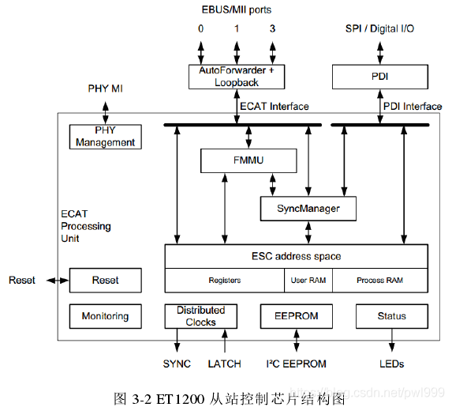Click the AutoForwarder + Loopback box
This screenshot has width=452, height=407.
236,77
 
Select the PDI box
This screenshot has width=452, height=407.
379,77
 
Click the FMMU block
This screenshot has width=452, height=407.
248,160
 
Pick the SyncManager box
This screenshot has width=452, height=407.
308,208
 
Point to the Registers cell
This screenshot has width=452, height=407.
224,281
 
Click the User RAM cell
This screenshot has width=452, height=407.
308,281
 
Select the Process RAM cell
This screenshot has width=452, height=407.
379,281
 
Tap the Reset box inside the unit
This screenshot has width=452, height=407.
105,281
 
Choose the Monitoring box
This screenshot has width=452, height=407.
105,316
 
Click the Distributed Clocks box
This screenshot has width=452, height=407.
200,316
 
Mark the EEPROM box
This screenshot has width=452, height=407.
297,316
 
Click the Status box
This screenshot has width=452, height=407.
391,316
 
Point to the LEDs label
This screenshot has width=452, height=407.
391,364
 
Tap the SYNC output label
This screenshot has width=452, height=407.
177,364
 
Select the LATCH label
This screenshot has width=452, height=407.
224,364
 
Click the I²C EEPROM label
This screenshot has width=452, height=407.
296,364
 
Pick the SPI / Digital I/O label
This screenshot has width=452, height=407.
379,28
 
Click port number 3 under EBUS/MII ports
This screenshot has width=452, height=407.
272,28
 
